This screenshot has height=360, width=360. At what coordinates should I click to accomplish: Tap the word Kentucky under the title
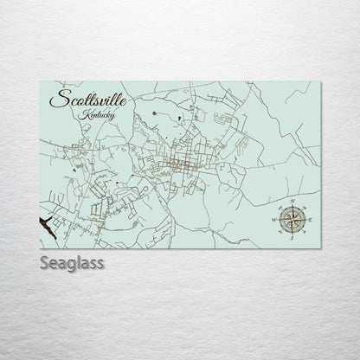pyautogui.click(x=93, y=115)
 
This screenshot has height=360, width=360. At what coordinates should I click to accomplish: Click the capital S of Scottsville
pyautogui.click(x=58, y=100)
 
